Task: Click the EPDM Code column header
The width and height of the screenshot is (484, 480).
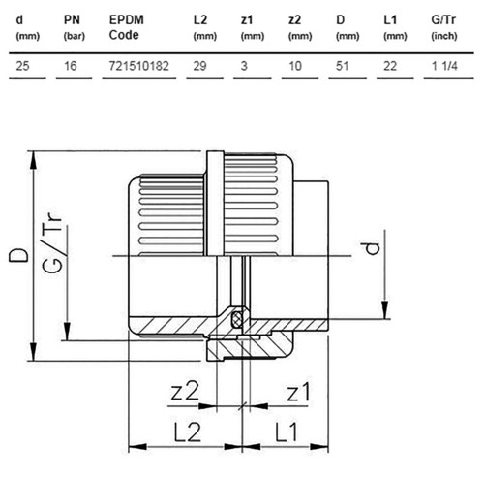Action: coord(126,27)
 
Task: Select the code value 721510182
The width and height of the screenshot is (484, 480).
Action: coord(138,66)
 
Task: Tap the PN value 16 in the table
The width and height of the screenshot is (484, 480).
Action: coord(70,66)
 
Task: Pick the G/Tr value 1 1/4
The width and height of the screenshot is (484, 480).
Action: coord(444,66)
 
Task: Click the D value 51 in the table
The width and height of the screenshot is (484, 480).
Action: coord(342,66)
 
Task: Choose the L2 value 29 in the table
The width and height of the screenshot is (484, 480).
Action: coord(199,66)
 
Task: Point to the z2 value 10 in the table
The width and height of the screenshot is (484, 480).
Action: coord(295,66)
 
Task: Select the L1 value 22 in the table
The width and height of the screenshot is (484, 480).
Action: coord(390,66)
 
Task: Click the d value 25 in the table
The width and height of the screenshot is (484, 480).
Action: coord(22,66)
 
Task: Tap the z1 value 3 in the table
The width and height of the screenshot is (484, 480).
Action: coord(244,66)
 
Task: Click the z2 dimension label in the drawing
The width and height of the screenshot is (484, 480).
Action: coord(185,391)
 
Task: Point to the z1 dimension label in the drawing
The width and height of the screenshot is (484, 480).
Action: coord(298,392)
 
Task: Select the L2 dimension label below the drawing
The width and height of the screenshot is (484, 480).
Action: coord(188,432)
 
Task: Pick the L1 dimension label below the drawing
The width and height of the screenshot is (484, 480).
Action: coord(287,432)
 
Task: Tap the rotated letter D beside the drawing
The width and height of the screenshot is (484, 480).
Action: coord(18,255)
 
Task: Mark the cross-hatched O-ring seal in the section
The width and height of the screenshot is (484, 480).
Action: coord(237,318)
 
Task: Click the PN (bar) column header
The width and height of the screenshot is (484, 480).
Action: coord(75,27)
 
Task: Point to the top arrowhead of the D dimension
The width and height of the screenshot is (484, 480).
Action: coord(33,160)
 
